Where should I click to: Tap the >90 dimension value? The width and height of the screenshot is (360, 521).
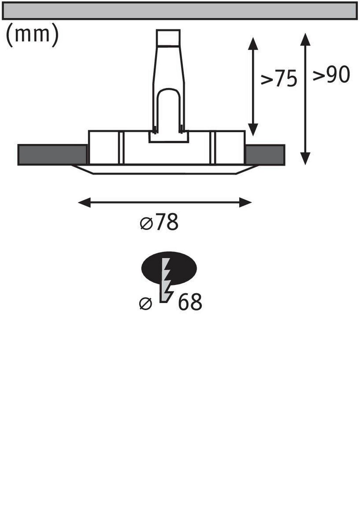(331, 75)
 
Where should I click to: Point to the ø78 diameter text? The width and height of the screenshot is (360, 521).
(160, 223)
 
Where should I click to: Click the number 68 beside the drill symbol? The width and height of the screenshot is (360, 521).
(190, 302)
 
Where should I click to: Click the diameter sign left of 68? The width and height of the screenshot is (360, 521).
(146, 304)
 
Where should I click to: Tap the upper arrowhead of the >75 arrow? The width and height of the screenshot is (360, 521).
(253, 44)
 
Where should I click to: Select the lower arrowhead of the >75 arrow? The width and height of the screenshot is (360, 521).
(253, 129)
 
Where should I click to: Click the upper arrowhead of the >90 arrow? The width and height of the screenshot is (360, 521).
(305, 39)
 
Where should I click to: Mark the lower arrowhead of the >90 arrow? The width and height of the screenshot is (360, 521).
(305, 159)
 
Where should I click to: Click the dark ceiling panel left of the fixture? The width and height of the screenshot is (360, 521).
(52, 155)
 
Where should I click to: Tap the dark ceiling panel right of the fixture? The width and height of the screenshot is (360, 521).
(265, 155)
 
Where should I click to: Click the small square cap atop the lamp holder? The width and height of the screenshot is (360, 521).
(168, 38)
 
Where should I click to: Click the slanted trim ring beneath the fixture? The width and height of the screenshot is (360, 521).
(165, 170)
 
